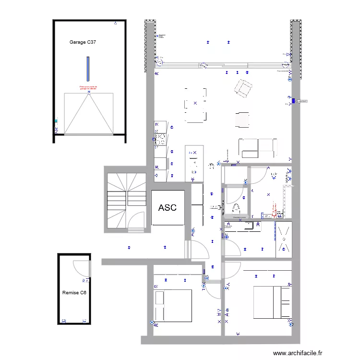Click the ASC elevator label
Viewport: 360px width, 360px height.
[168, 208]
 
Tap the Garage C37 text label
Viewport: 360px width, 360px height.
[83, 43]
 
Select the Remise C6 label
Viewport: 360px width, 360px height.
[74, 292]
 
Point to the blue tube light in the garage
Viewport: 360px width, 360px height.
[88, 69]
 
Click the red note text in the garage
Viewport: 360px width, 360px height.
[88, 88]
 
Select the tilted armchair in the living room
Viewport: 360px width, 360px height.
[243, 88]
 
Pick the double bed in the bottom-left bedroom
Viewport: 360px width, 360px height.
[173, 306]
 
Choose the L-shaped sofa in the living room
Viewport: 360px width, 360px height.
[258, 148]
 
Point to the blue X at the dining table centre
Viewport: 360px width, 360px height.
[195, 104]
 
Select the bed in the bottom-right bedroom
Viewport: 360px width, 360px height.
[272, 302]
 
